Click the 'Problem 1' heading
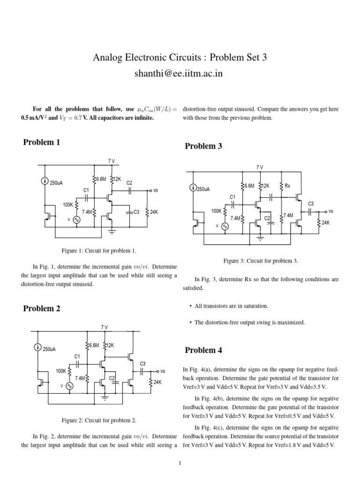[42, 142]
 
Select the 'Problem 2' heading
[42, 308]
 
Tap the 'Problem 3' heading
[203, 146]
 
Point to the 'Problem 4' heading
[203, 350]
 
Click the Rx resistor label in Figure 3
[287, 186]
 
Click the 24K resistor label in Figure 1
[153, 212]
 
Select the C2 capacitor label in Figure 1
[129, 183]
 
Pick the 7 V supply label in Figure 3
[260, 167]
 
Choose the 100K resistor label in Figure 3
[217, 211]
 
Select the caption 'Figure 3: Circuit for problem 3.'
[260, 261]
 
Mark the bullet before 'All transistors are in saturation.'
[191, 306]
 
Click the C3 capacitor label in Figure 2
[143, 364]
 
